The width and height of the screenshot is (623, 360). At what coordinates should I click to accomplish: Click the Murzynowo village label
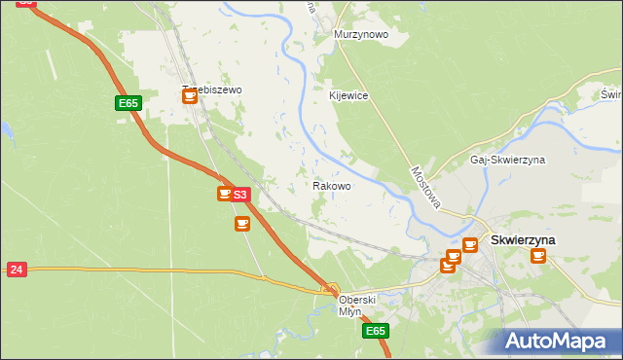(361, 34)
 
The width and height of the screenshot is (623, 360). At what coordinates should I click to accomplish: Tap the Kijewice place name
(348, 95)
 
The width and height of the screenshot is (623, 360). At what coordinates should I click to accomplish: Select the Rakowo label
(332, 185)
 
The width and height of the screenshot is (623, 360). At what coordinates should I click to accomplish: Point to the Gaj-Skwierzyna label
(507, 160)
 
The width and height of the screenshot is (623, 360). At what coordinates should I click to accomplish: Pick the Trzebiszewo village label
(211, 90)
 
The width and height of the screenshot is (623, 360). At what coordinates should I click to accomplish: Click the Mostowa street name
(426, 186)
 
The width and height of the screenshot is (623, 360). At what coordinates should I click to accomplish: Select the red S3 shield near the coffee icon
(241, 195)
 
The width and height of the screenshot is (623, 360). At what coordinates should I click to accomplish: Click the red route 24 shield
(17, 269)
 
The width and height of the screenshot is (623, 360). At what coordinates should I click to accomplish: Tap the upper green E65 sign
(128, 103)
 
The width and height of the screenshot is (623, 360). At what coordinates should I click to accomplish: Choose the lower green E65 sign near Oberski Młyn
(376, 332)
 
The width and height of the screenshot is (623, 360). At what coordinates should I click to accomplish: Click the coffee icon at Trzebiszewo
(190, 95)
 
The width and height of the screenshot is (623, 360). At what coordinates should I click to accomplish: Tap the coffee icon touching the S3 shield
(225, 195)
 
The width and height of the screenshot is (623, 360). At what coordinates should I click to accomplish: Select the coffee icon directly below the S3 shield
(241, 224)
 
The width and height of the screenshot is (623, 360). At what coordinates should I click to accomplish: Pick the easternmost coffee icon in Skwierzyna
(537, 256)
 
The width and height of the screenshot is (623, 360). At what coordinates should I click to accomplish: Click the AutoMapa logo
(561, 341)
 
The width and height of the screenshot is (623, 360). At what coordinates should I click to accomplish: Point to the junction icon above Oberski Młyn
(331, 288)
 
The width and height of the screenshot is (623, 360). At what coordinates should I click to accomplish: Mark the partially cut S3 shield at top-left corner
(26, 3)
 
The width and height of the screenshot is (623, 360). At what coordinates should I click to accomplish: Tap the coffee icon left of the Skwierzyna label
(470, 245)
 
